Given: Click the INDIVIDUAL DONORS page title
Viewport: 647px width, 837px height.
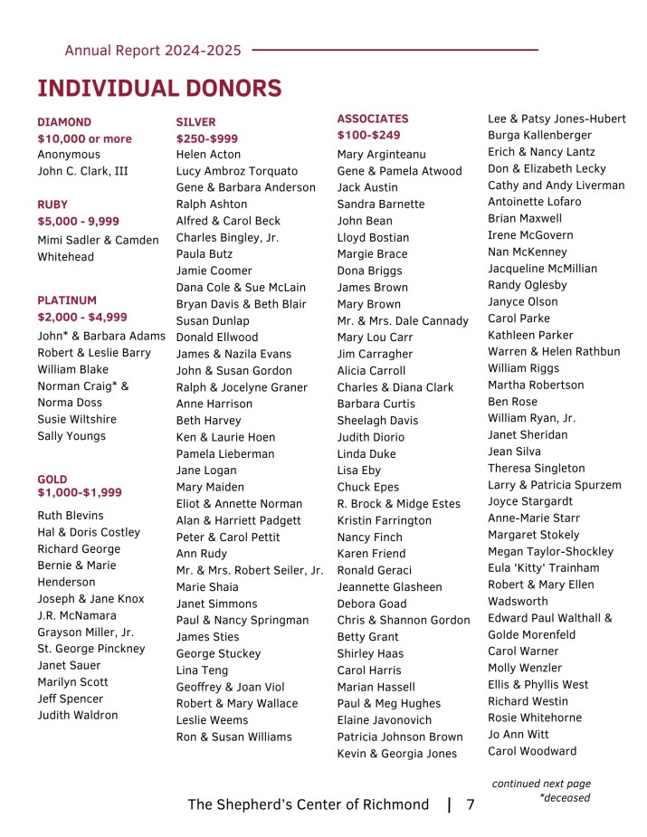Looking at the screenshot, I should coord(159,88).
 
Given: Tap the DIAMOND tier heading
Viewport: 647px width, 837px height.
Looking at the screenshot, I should coord(64,121).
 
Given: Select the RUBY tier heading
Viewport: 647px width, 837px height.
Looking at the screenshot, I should coord(52,204).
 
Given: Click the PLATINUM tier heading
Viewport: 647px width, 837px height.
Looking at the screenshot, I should coord(67,300).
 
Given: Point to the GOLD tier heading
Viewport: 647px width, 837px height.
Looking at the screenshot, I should coord(52,479).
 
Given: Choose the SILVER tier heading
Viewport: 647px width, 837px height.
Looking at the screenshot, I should coord(195,121).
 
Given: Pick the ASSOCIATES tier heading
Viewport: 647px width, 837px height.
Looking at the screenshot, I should coord(373,119).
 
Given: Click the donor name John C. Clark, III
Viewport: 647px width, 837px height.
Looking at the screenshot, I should coord(82,171).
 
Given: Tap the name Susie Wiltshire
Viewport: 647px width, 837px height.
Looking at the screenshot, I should coord(77,420).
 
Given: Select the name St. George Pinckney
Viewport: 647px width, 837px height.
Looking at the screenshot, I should coord(90,649).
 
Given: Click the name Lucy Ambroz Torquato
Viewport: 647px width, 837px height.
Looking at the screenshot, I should coord(236,171).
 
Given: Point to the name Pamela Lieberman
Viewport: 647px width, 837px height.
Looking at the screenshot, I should coord(224,454).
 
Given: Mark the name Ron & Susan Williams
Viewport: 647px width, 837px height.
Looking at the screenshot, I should coord(233,737).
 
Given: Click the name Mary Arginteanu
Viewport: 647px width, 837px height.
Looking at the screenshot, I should coord(381,155).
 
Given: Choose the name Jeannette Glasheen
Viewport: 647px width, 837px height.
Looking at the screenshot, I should coord(389,587).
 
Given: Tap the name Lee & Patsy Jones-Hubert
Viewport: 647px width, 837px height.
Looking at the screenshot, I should coord(557,119).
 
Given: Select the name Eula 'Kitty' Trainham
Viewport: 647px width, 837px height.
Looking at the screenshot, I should coord(543,568).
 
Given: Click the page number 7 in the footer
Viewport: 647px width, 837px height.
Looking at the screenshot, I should coord(471,804).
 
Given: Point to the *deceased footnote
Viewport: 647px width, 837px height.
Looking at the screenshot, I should coord(565,798).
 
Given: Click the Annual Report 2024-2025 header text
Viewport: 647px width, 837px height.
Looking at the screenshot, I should coord(153,51).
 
